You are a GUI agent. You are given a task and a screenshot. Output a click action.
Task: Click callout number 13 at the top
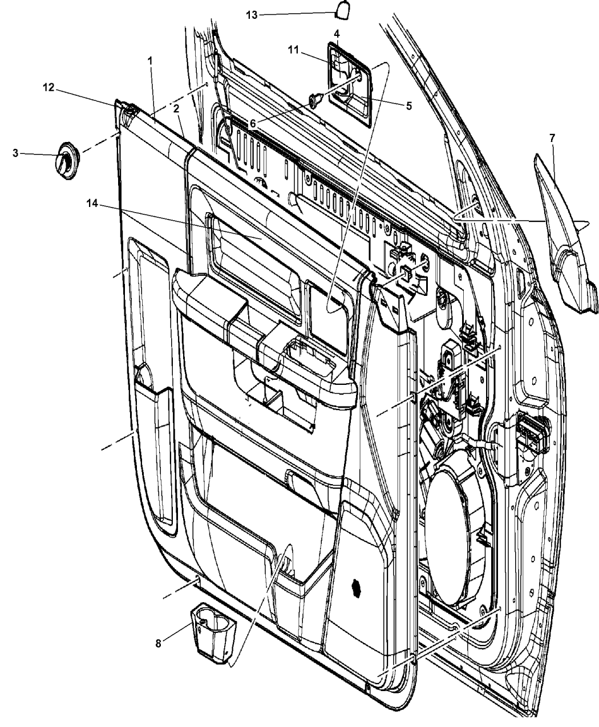(252, 15)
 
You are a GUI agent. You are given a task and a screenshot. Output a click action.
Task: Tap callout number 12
(49, 88)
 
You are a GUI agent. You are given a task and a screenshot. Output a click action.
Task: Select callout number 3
(15, 153)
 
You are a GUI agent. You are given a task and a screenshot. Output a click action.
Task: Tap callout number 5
(408, 106)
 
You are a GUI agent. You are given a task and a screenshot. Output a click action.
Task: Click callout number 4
(336, 34)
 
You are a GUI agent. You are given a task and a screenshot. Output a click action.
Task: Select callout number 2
(176, 109)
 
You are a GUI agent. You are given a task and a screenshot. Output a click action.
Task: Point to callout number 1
(150, 61)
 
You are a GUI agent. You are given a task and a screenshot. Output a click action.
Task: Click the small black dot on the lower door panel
(356, 588)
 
